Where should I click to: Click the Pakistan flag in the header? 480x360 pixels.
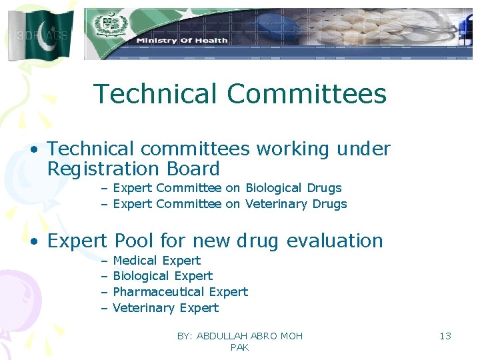[40, 35]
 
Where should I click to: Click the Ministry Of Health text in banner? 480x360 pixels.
[182, 41]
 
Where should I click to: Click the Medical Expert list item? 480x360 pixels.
[157, 261]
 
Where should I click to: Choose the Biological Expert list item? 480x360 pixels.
[163, 276]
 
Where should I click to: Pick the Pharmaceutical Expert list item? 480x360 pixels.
[180, 292]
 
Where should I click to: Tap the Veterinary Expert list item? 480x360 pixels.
[165, 308]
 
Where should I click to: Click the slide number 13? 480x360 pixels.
[445, 336]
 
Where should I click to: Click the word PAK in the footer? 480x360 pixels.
[239, 347]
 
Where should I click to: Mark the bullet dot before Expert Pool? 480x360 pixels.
[33, 241]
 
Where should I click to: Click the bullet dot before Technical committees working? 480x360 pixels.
[33, 150]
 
